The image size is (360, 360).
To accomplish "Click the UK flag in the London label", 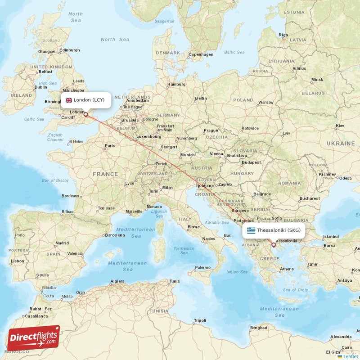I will (x=69, y=100).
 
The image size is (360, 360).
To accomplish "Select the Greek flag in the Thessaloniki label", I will (x=251, y=230).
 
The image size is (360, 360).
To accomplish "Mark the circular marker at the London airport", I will (x=85, y=115).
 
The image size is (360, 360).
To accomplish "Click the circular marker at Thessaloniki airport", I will (x=273, y=245).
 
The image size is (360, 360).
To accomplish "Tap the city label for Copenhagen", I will (x=201, y=54).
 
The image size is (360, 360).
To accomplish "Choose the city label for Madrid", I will (x=62, y=243).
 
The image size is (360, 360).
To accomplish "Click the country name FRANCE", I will (x=105, y=174).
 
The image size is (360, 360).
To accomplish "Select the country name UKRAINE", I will (x=341, y=143).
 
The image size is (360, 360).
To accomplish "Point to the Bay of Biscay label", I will (x=55, y=180).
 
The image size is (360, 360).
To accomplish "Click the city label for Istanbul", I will (x=330, y=236).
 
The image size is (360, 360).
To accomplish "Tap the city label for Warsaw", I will (x=265, y=102).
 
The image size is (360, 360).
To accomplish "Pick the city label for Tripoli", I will (x=199, y=320).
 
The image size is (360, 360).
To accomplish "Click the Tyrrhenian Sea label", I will (x=184, y=250).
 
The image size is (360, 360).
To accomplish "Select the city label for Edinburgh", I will (x=70, y=50).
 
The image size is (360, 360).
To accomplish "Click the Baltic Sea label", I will (x=234, y=52).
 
